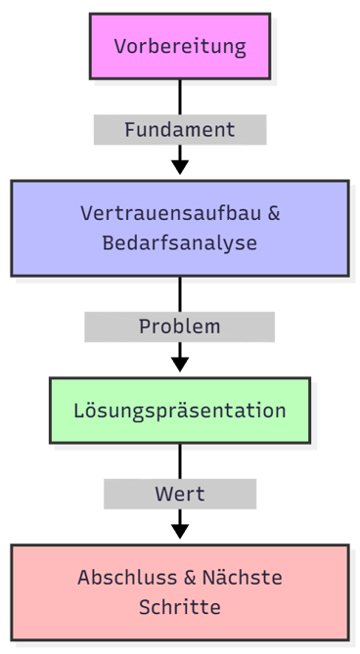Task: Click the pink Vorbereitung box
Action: tap(179, 46)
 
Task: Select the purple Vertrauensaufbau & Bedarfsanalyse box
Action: tap(179, 228)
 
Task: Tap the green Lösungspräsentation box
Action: tap(179, 410)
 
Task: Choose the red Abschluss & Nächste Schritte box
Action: tap(179, 591)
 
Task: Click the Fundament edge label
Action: tap(179, 129)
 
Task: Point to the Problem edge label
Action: tap(179, 327)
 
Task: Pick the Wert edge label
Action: tap(179, 494)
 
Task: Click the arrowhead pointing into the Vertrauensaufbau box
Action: tap(179, 167)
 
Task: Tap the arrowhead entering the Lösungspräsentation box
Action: tap(179, 364)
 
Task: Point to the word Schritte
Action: tap(179, 607)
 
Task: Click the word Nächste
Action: tap(246, 577)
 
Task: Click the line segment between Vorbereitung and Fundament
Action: tap(179, 97)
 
